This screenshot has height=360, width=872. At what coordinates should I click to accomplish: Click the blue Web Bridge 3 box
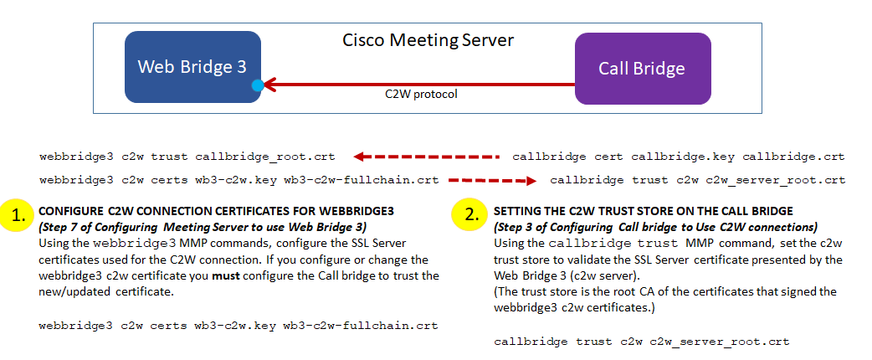point(192,67)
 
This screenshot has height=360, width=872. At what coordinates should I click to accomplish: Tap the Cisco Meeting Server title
point(428,40)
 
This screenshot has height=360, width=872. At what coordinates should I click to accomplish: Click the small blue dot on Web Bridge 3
point(258,85)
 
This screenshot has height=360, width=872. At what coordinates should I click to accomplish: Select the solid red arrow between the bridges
point(418,84)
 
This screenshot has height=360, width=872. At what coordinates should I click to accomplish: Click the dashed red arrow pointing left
point(426,157)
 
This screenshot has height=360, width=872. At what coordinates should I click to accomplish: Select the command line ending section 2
point(642,342)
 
